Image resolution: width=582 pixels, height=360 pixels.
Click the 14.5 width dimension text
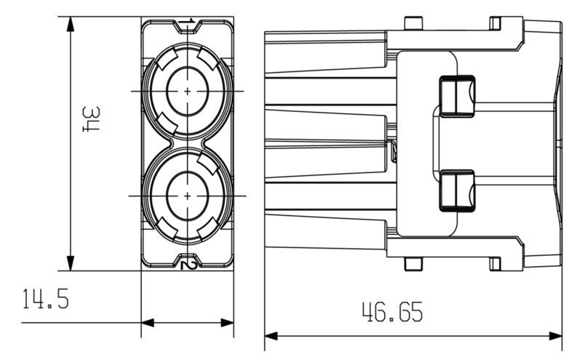pos(46,299)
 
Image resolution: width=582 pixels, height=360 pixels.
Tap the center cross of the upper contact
pos(188,91)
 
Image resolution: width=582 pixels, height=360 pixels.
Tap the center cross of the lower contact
pos(188,196)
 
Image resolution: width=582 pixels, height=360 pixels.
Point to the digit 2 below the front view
pos(189,264)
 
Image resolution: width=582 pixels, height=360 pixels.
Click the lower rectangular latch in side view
pos(456,189)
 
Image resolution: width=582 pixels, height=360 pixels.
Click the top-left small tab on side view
pos(412,23)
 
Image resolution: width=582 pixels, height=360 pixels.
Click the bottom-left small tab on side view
pos(412,264)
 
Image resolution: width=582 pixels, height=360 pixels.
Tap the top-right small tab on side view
pos(495,23)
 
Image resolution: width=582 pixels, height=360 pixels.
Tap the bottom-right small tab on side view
pos(495,263)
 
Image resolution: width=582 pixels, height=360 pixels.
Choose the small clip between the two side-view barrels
pos(393,151)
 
